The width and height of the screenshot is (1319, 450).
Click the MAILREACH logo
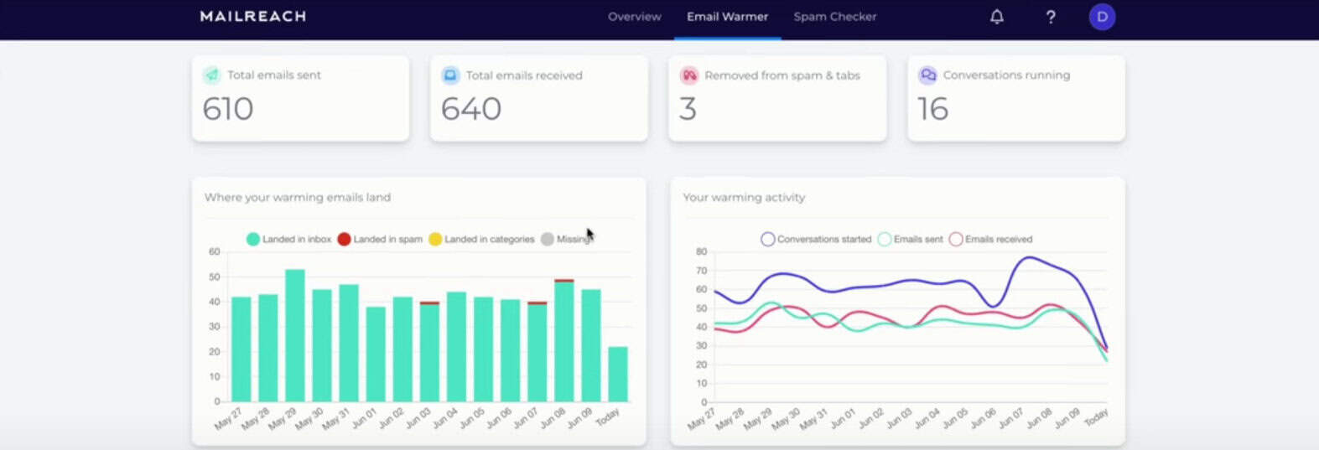(252, 16)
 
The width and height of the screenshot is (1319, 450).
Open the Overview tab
(634, 17)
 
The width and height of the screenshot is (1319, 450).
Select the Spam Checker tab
(834, 17)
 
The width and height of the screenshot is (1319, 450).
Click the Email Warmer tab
(727, 17)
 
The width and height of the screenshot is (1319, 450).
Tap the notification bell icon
(996, 17)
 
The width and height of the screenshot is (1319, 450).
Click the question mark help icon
(1050, 17)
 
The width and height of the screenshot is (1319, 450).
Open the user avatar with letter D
(1102, 17)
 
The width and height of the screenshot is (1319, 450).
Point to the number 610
(228, 109)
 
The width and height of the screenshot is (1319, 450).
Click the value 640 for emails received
(471, 109)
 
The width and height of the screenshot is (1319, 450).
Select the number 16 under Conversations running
(932, 109)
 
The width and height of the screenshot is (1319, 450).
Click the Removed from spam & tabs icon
(689, 75)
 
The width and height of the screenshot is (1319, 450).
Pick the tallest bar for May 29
(295, 335)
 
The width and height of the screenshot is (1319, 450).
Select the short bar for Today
(617, 374)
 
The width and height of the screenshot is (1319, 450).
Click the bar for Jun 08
(563, 341)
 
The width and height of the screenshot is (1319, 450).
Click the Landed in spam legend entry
(380, 240)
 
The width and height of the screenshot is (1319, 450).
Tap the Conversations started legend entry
(816, 240)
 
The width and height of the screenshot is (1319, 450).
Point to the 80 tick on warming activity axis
(701, 251)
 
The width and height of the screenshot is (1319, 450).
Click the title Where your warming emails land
(298, 198)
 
